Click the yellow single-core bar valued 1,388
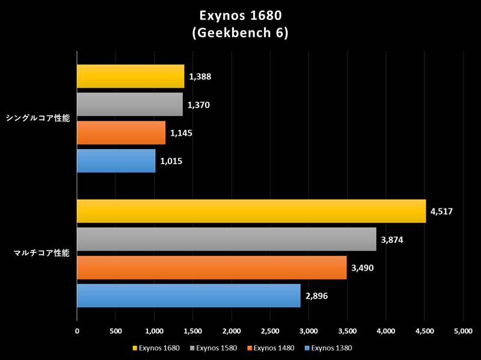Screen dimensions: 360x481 point(130,76)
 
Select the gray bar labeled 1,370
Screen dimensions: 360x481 point(130,105)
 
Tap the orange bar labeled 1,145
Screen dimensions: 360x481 point(121,133)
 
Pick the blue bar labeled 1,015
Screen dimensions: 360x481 point(116,161)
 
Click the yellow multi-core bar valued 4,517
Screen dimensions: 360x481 point(251,211)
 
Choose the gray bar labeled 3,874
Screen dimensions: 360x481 point(227,239)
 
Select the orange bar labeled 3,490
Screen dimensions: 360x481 point(212,267)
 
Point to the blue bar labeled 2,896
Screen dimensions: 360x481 point(189,296)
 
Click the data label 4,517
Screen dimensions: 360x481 point(442,211)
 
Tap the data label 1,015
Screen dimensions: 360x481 point(171,161)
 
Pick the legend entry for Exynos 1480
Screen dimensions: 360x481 point(271,347)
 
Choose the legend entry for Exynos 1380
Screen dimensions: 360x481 point(328,347)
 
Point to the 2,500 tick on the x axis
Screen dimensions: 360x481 point(270,330)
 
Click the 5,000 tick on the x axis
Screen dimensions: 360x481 point(463,330)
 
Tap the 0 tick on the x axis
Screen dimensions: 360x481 point(77,330)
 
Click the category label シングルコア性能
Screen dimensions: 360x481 point(37,118)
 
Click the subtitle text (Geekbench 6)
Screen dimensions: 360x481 point(240,34)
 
